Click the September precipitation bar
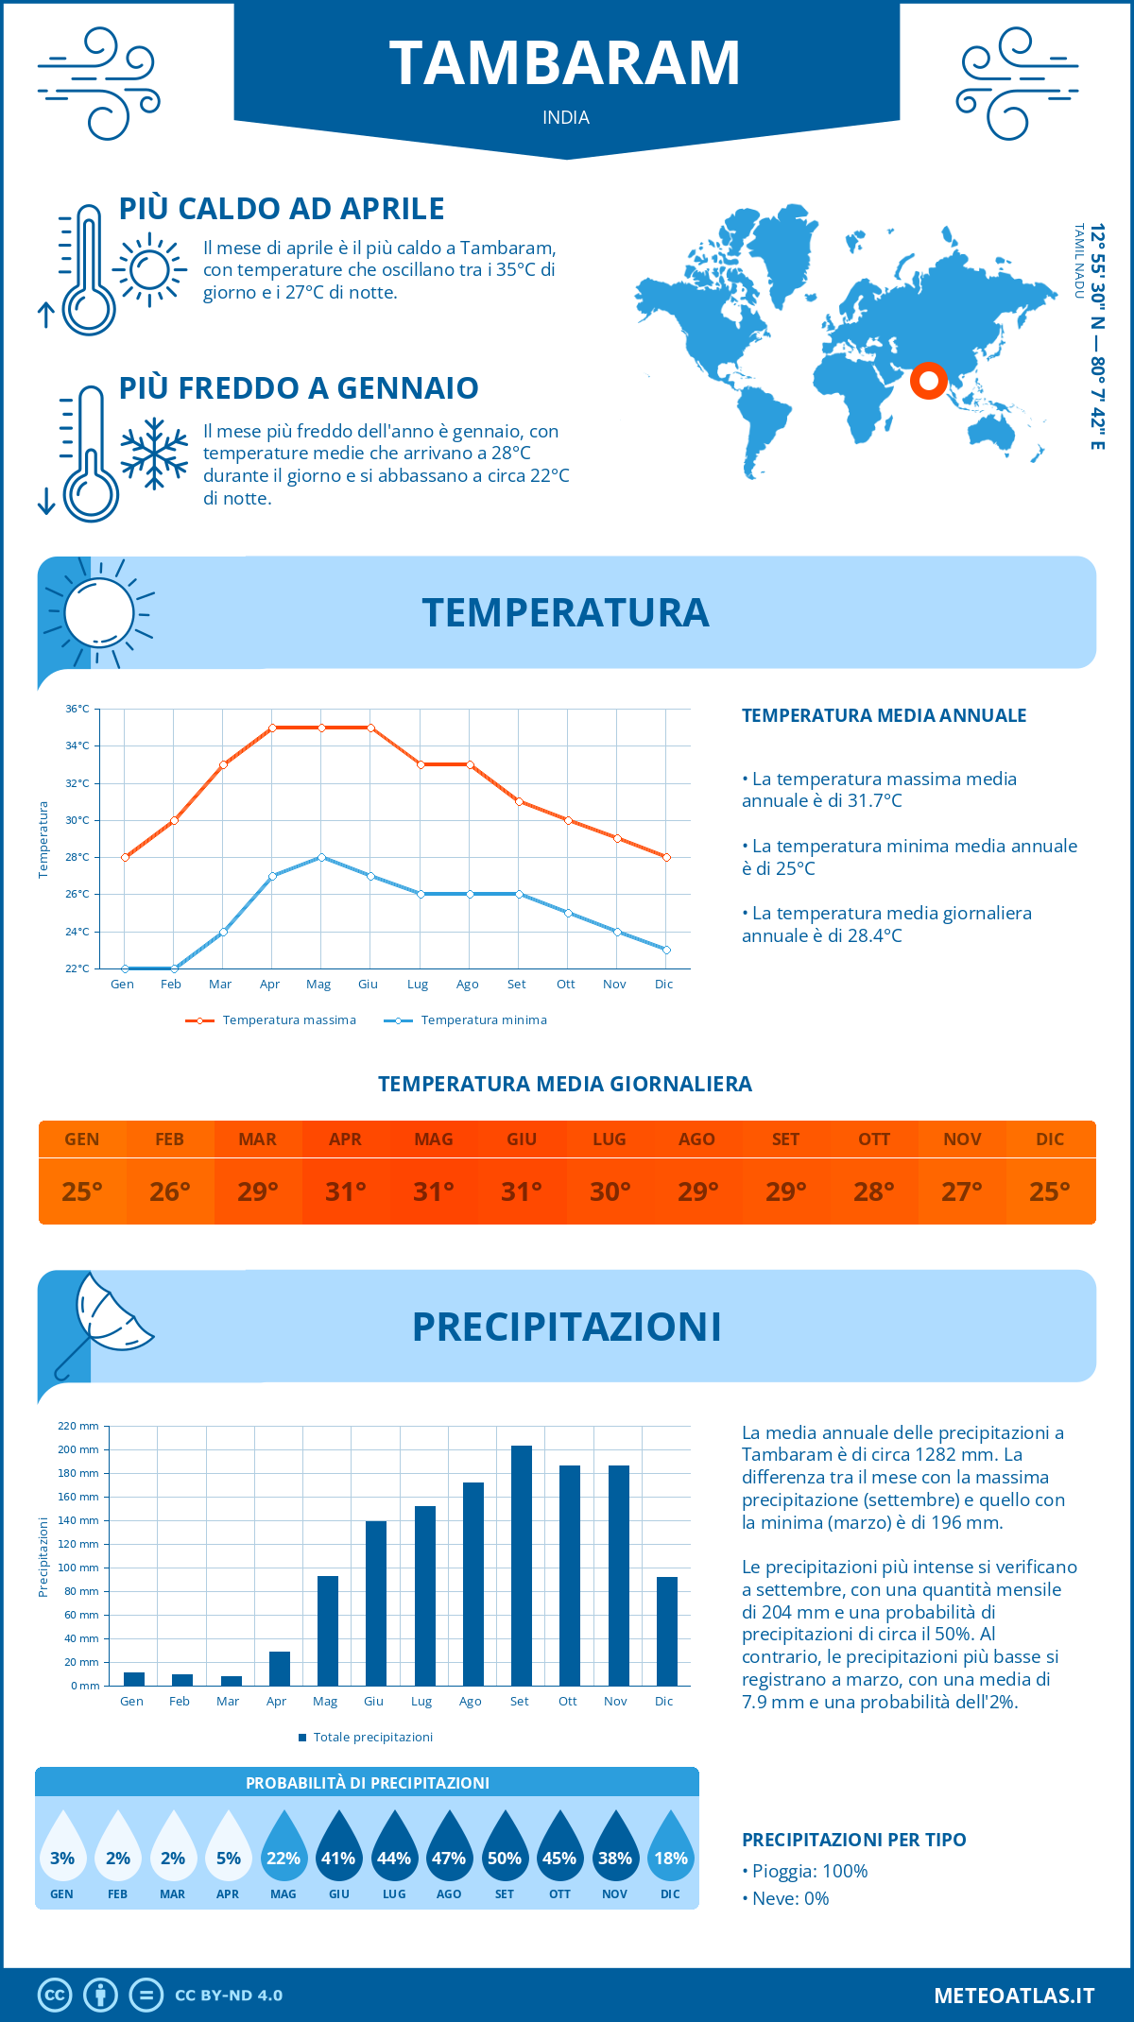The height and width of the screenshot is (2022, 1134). tap(522, 1566)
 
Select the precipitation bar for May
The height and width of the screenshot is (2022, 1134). tap(328, 1631)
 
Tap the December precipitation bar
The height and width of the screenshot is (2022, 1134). tap(667, 1632)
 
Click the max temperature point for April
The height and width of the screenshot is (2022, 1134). tap(272, 728)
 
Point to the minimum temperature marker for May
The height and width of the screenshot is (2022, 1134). tap(321, 857)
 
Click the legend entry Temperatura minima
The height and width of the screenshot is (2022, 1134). tap(466, 1020)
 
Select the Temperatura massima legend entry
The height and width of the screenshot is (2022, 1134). tap(271, 1020)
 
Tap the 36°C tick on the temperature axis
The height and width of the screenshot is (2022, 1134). tap(77, 709)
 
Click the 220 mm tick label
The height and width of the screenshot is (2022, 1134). tap(78, 1426)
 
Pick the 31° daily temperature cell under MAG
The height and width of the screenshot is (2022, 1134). tap(434, 1191)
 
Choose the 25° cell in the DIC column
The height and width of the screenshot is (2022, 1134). tap(1050, 1191)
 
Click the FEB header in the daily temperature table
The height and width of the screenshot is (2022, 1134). tap(170, 1140)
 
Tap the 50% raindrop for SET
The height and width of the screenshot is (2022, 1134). tap(505, 1847)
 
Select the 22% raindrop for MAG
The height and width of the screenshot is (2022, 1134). tap(283, 1847)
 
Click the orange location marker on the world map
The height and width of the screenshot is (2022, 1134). tap(929, 380)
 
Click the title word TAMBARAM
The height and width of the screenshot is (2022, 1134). tap(565, 64)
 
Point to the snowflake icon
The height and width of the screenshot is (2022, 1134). tap(154, 454)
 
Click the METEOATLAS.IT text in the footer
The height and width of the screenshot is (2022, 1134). tap(1014, 1996)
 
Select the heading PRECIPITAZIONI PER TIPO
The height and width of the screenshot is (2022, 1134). tap(854, 1840)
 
